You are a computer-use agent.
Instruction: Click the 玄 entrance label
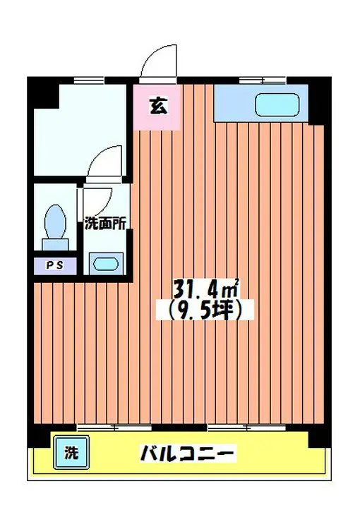tap(159, 106)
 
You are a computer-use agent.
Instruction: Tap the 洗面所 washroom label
tap(105, 224)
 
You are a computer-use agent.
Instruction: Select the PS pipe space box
tap(55, 266)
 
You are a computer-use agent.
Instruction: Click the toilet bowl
tap(55, 221)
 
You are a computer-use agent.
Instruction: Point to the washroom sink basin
tap(106, 264)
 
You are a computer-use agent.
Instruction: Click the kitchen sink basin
tap(277, 105)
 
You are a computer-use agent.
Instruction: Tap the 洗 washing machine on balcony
tap(71, 452)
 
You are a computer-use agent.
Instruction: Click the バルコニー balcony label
tap(188, 453)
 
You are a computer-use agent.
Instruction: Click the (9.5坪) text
tap(205, 310)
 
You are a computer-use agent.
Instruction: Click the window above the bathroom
tap(88, 80)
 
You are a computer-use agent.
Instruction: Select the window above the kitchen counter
tap(263, 80)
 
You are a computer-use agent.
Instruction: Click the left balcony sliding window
tap(114, 427)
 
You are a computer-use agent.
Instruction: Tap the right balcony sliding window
tap(247, 427)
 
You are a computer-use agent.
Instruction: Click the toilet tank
tap(55, 244)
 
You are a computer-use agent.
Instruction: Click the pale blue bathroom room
tap(80, 130)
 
